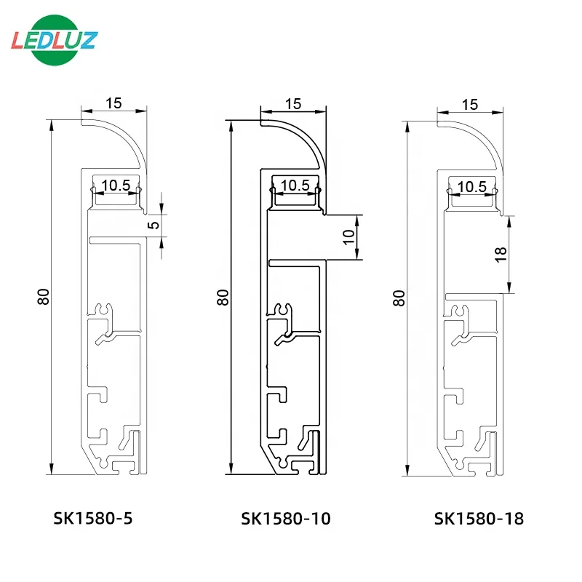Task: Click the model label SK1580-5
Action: click(94, 518)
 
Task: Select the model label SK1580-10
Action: click(286, 518)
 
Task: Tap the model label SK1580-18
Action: click(479, 518)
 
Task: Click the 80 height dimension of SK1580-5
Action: click(44, 296)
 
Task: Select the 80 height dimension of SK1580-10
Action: click(223, 296)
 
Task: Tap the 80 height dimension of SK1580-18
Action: click(399, 296)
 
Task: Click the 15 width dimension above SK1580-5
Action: click(113, 103)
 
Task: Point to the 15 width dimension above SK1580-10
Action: click(292, 103)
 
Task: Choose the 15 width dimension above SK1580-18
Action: click(470, 104)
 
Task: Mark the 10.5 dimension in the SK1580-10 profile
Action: click(295, 186)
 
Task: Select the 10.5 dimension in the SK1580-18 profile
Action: click(473, 186)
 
